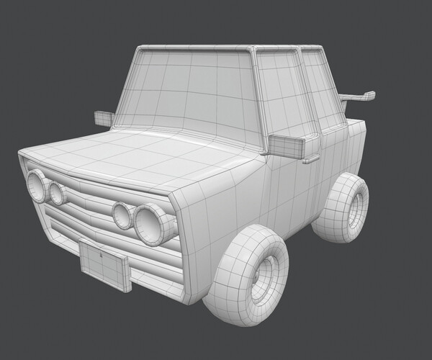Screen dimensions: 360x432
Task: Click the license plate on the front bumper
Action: point(105,266)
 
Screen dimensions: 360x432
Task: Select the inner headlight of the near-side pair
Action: point(122,215)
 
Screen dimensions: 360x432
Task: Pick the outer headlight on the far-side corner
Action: point(35,185)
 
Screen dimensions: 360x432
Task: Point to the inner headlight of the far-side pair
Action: point(55,192)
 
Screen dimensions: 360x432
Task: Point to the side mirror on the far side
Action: point(104,118)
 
